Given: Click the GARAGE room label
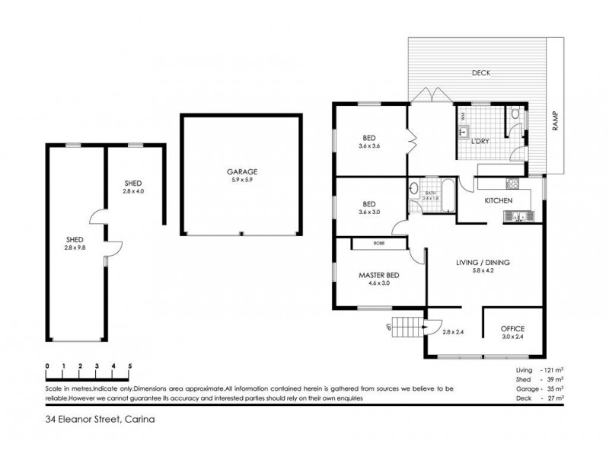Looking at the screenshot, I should [241, 172].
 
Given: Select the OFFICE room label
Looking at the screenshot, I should [512, 328].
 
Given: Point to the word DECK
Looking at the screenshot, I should [481, 73].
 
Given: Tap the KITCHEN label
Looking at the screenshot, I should [499, 201].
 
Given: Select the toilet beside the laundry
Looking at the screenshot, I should [515, 114].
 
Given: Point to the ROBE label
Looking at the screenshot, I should [378, 244].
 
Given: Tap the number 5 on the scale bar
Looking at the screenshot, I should [130, 366].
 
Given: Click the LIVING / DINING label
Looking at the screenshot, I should [483, 263].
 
